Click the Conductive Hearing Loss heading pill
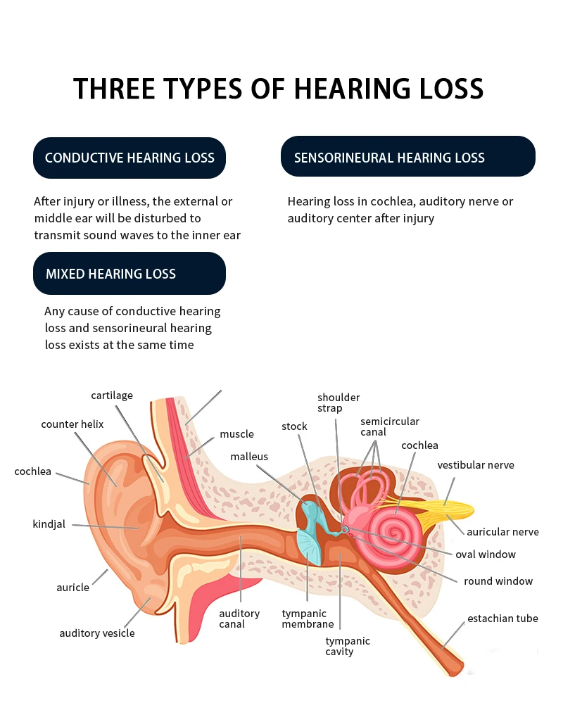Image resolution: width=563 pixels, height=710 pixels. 129,158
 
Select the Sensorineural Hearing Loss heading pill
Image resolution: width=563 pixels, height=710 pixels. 407,157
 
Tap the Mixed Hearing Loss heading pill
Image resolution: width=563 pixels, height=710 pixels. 129,274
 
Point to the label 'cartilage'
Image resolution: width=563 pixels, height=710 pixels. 112,395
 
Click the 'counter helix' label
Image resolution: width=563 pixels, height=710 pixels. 72,424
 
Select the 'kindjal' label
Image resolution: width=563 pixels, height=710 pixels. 49,524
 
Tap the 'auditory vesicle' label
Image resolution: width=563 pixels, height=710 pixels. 96,633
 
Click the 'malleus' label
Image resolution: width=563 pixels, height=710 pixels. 249,457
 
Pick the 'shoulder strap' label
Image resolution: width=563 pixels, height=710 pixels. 339,403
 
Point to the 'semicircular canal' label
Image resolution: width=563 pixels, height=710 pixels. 389,426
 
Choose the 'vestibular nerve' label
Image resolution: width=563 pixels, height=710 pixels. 476,465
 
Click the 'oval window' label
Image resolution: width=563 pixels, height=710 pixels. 486,554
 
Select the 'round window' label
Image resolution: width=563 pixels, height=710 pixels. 498,581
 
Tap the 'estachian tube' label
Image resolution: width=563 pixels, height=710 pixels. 502,619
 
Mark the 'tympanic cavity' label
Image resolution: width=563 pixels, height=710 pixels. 348,646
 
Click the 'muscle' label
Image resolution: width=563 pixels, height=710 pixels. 236,434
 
